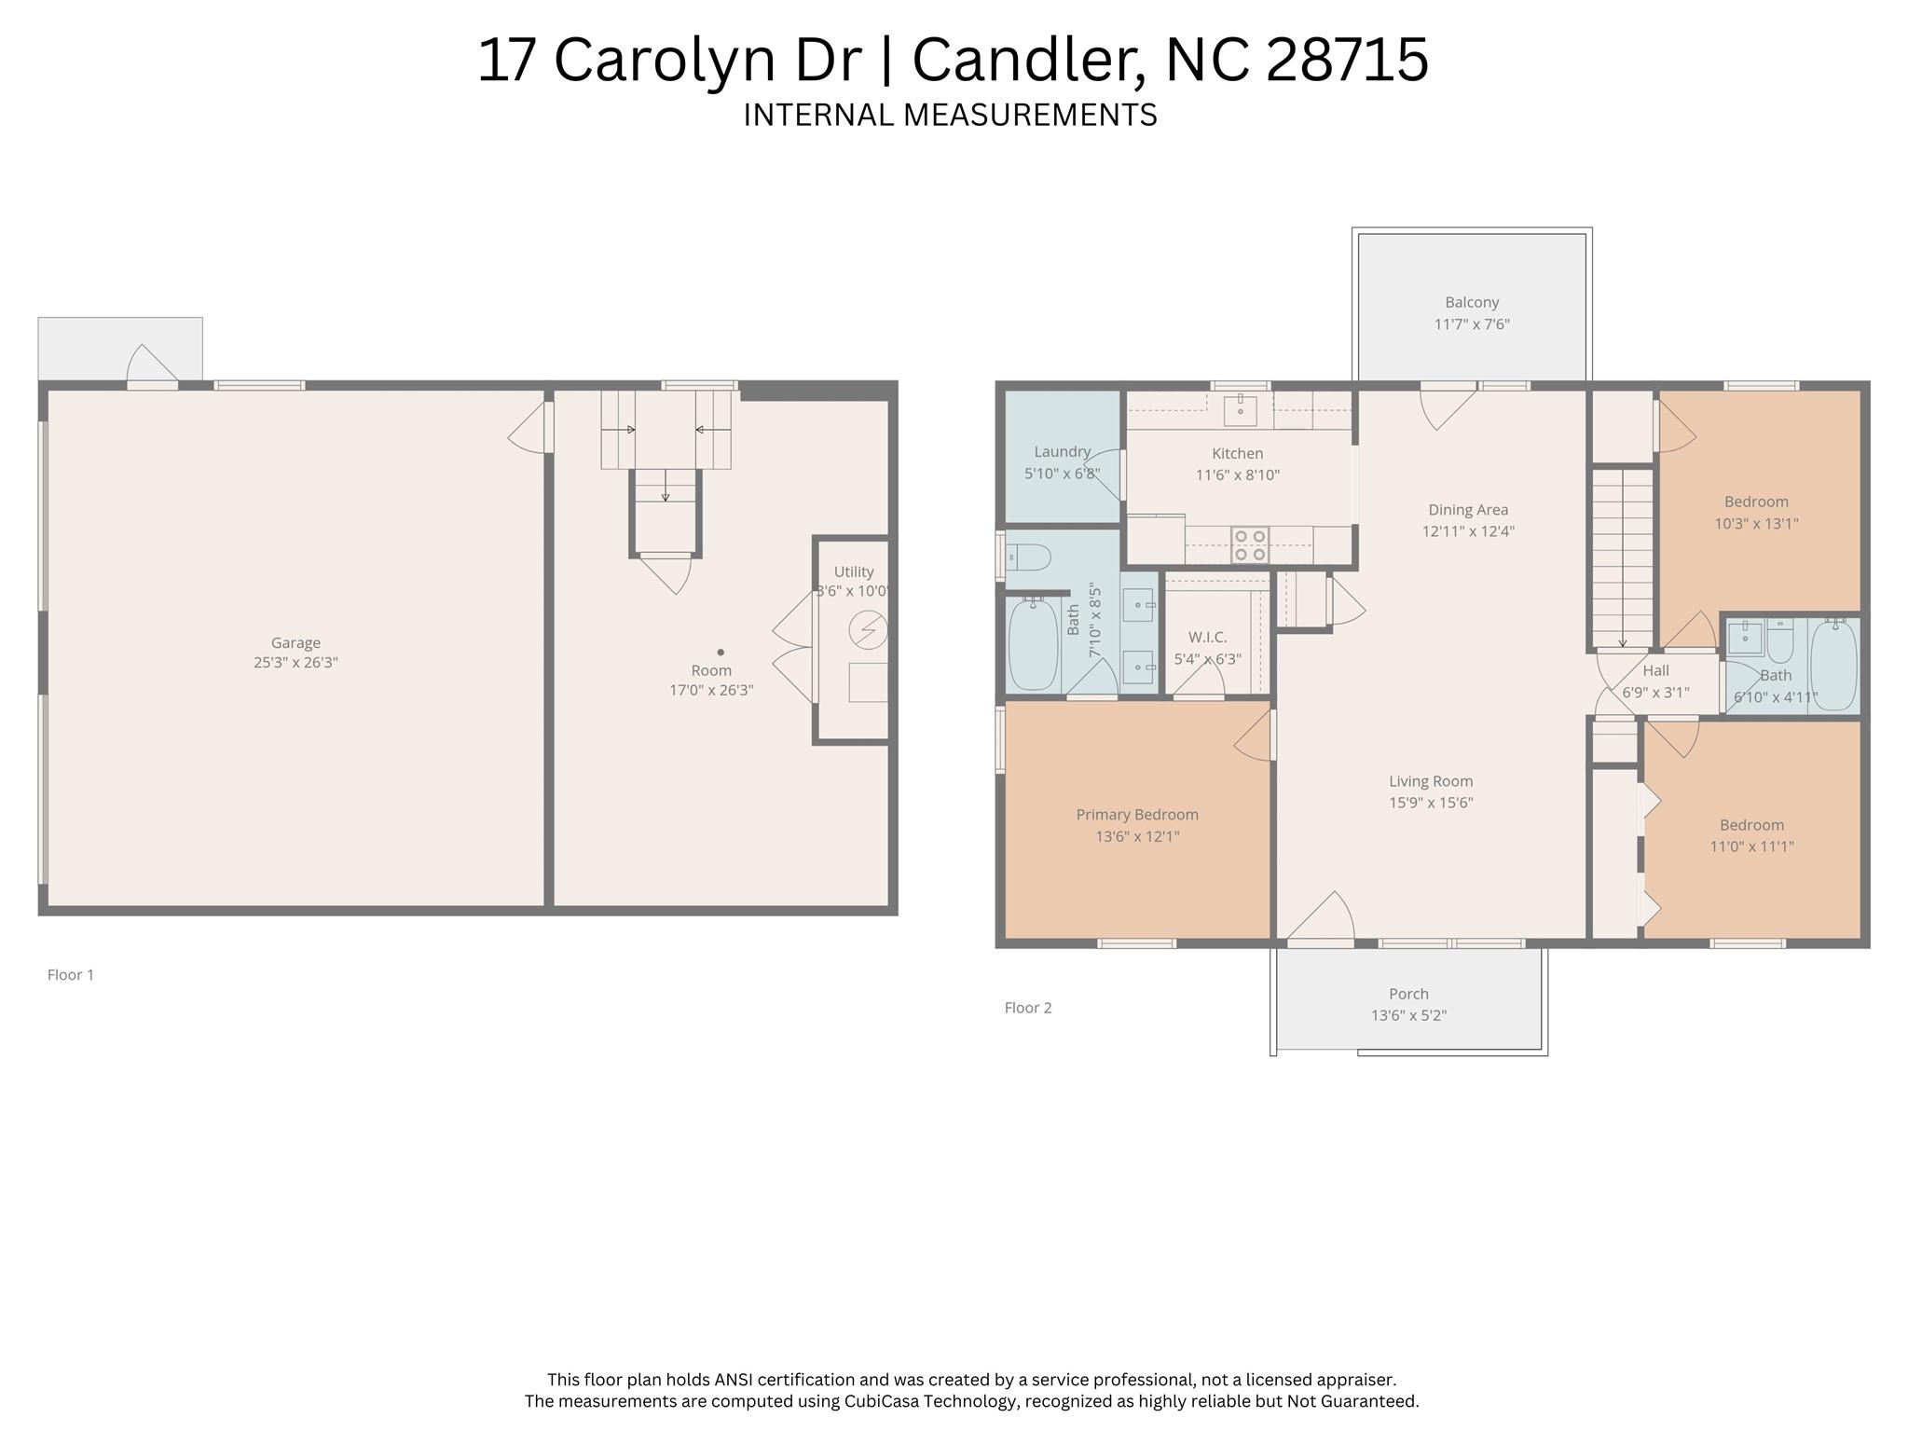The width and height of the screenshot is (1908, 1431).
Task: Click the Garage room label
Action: click(295, 642)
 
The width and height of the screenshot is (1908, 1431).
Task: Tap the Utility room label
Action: click(854, 571)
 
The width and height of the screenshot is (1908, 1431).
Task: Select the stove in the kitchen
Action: click(1250, 545)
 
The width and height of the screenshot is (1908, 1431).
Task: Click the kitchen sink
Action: click(1240, 410)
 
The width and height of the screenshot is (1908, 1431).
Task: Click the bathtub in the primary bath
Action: click(1033, 644)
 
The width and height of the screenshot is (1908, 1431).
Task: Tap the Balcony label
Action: click(1472, 302)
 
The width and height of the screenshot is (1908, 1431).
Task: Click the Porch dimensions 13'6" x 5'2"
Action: click(1408, 1015)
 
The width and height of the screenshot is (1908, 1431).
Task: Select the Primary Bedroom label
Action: click(1137, 815)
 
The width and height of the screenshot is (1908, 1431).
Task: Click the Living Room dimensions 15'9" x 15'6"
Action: click(1431, 803)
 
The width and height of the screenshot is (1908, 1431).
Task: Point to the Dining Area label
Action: click(1468, 510)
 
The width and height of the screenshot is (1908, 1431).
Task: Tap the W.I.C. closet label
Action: click(1207, 637)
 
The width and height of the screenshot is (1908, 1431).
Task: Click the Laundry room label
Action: click(1063, 452)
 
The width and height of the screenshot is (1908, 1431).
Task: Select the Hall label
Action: click(1656, 670)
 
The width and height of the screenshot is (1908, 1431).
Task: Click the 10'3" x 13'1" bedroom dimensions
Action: click(1756, 524)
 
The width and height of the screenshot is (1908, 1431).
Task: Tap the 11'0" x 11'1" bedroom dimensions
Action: click(1751, 847)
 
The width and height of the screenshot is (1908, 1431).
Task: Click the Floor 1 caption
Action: click(71, 975)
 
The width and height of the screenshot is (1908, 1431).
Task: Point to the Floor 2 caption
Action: click(1028, 1008)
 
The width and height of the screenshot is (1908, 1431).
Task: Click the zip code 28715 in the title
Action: click(1347, 60)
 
